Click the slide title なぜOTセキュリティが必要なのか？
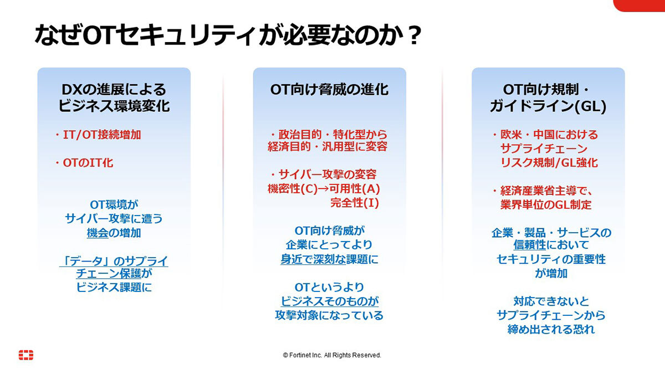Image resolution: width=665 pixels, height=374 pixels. [228, 35]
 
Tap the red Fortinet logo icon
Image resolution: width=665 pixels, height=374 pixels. [26, 355]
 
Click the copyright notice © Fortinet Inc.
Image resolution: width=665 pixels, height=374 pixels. [332, 355]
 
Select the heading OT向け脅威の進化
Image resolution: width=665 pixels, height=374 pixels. [329, 89]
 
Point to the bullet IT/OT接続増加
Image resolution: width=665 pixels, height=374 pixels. [98, 135]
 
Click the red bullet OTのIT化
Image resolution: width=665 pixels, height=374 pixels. [84, 163]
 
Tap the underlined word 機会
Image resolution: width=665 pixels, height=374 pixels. [98, 233]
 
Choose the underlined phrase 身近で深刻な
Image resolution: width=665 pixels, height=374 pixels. [313, 259]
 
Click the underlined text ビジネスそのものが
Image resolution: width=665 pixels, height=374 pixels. [330, 301]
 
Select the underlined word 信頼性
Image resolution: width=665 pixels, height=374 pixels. [530, 245]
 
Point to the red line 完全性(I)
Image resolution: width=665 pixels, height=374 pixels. [355, 203]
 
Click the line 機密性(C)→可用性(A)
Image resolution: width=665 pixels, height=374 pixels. [324, 188]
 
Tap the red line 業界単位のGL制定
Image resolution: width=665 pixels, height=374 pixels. [546, 204]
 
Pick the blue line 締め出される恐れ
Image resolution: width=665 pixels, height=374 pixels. [551, 329]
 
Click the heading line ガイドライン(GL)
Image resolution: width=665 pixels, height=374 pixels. [548, 106]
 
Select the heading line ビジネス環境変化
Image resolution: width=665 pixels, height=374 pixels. [114, 106]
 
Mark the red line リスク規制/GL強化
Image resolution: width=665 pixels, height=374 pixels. [549, 163]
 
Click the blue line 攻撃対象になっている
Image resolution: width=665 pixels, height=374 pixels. [329, 315]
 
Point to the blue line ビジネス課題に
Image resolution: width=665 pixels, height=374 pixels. [114, 287]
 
